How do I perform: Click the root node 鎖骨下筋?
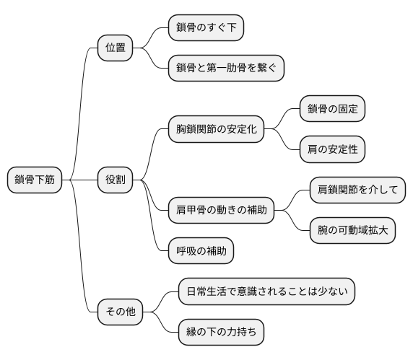coord(34,180)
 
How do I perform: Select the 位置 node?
coord(115,48)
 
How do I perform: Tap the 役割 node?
coord(115,180)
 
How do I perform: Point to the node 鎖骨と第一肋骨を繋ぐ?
coord(225,69)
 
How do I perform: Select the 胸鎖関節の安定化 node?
coord(215,130)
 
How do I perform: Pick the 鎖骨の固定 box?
coord(332,110)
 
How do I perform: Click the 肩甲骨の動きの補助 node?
coord(220,211)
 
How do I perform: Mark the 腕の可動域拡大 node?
coord(352,231)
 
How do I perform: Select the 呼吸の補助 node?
coord(201,251)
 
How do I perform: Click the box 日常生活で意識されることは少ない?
coord(266,292)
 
